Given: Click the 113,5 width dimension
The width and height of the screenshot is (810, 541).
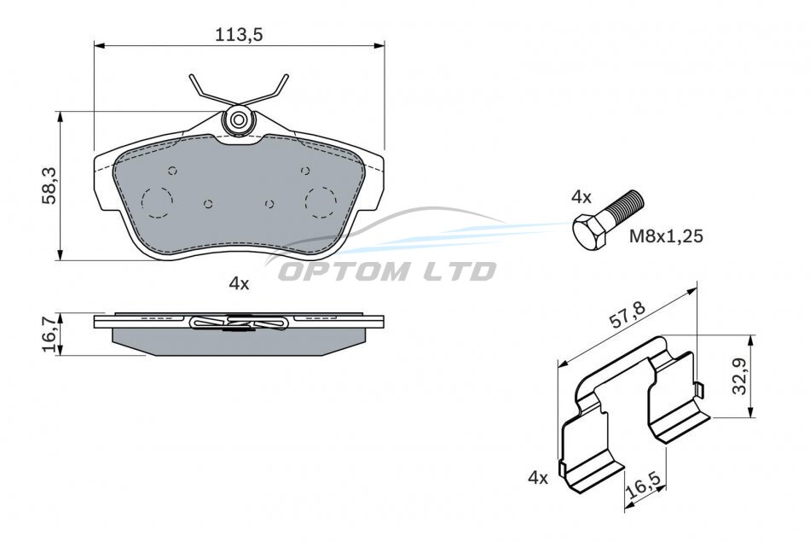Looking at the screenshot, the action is click(240, 35).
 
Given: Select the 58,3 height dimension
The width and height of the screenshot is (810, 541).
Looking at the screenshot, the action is click(50, 185).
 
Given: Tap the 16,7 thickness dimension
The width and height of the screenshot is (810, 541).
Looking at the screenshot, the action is click(50, 334).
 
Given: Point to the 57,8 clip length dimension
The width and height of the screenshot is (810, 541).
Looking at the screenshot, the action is click(628, 315).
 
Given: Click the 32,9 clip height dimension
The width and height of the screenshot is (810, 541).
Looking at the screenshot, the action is click(740, 376).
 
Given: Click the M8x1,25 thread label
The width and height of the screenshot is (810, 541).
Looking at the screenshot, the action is click(666, 236).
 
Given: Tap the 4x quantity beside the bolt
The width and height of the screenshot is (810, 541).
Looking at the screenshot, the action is click(581, 196).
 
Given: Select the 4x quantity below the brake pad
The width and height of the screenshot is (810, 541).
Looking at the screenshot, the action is click(240, 283).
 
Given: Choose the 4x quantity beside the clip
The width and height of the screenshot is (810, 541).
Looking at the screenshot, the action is click(538, 478).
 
